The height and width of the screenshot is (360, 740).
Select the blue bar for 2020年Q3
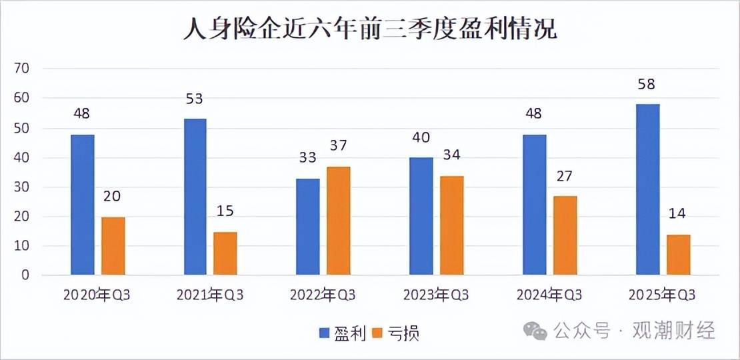point(83,205)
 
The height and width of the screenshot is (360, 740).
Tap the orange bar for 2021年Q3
point(225,253)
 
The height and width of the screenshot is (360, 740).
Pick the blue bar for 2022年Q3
point(308,227)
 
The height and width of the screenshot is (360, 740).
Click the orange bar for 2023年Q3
point(451,225)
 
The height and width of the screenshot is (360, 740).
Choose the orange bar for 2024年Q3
point(565,235)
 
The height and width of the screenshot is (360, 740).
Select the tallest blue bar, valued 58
point(648,189)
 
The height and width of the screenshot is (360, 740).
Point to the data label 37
point(338,146)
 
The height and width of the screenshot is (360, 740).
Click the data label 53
point(194,99)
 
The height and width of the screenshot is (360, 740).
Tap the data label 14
point(678,214)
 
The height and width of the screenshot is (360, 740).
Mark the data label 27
point(565,176)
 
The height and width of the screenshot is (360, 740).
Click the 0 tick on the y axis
point(25,275)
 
